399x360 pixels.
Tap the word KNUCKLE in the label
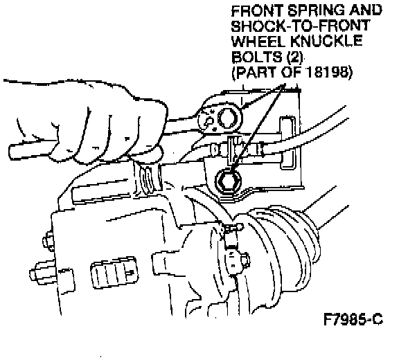click(x=326, y=41)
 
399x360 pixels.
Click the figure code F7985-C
click(x=353, y=319)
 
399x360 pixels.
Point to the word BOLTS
click(x=257, y=57)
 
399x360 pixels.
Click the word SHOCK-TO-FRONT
click(x=301, y=26)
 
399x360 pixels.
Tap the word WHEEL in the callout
click(x=258, y=41)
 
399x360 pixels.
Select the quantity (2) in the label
click(x=295, y=57)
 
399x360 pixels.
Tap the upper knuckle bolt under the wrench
click(x=228, y=118)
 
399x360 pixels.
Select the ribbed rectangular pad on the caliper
click(x=114, y=272)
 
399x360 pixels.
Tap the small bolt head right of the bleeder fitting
click(x=245, y=260)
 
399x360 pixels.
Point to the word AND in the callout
click(x=366, y=10)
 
